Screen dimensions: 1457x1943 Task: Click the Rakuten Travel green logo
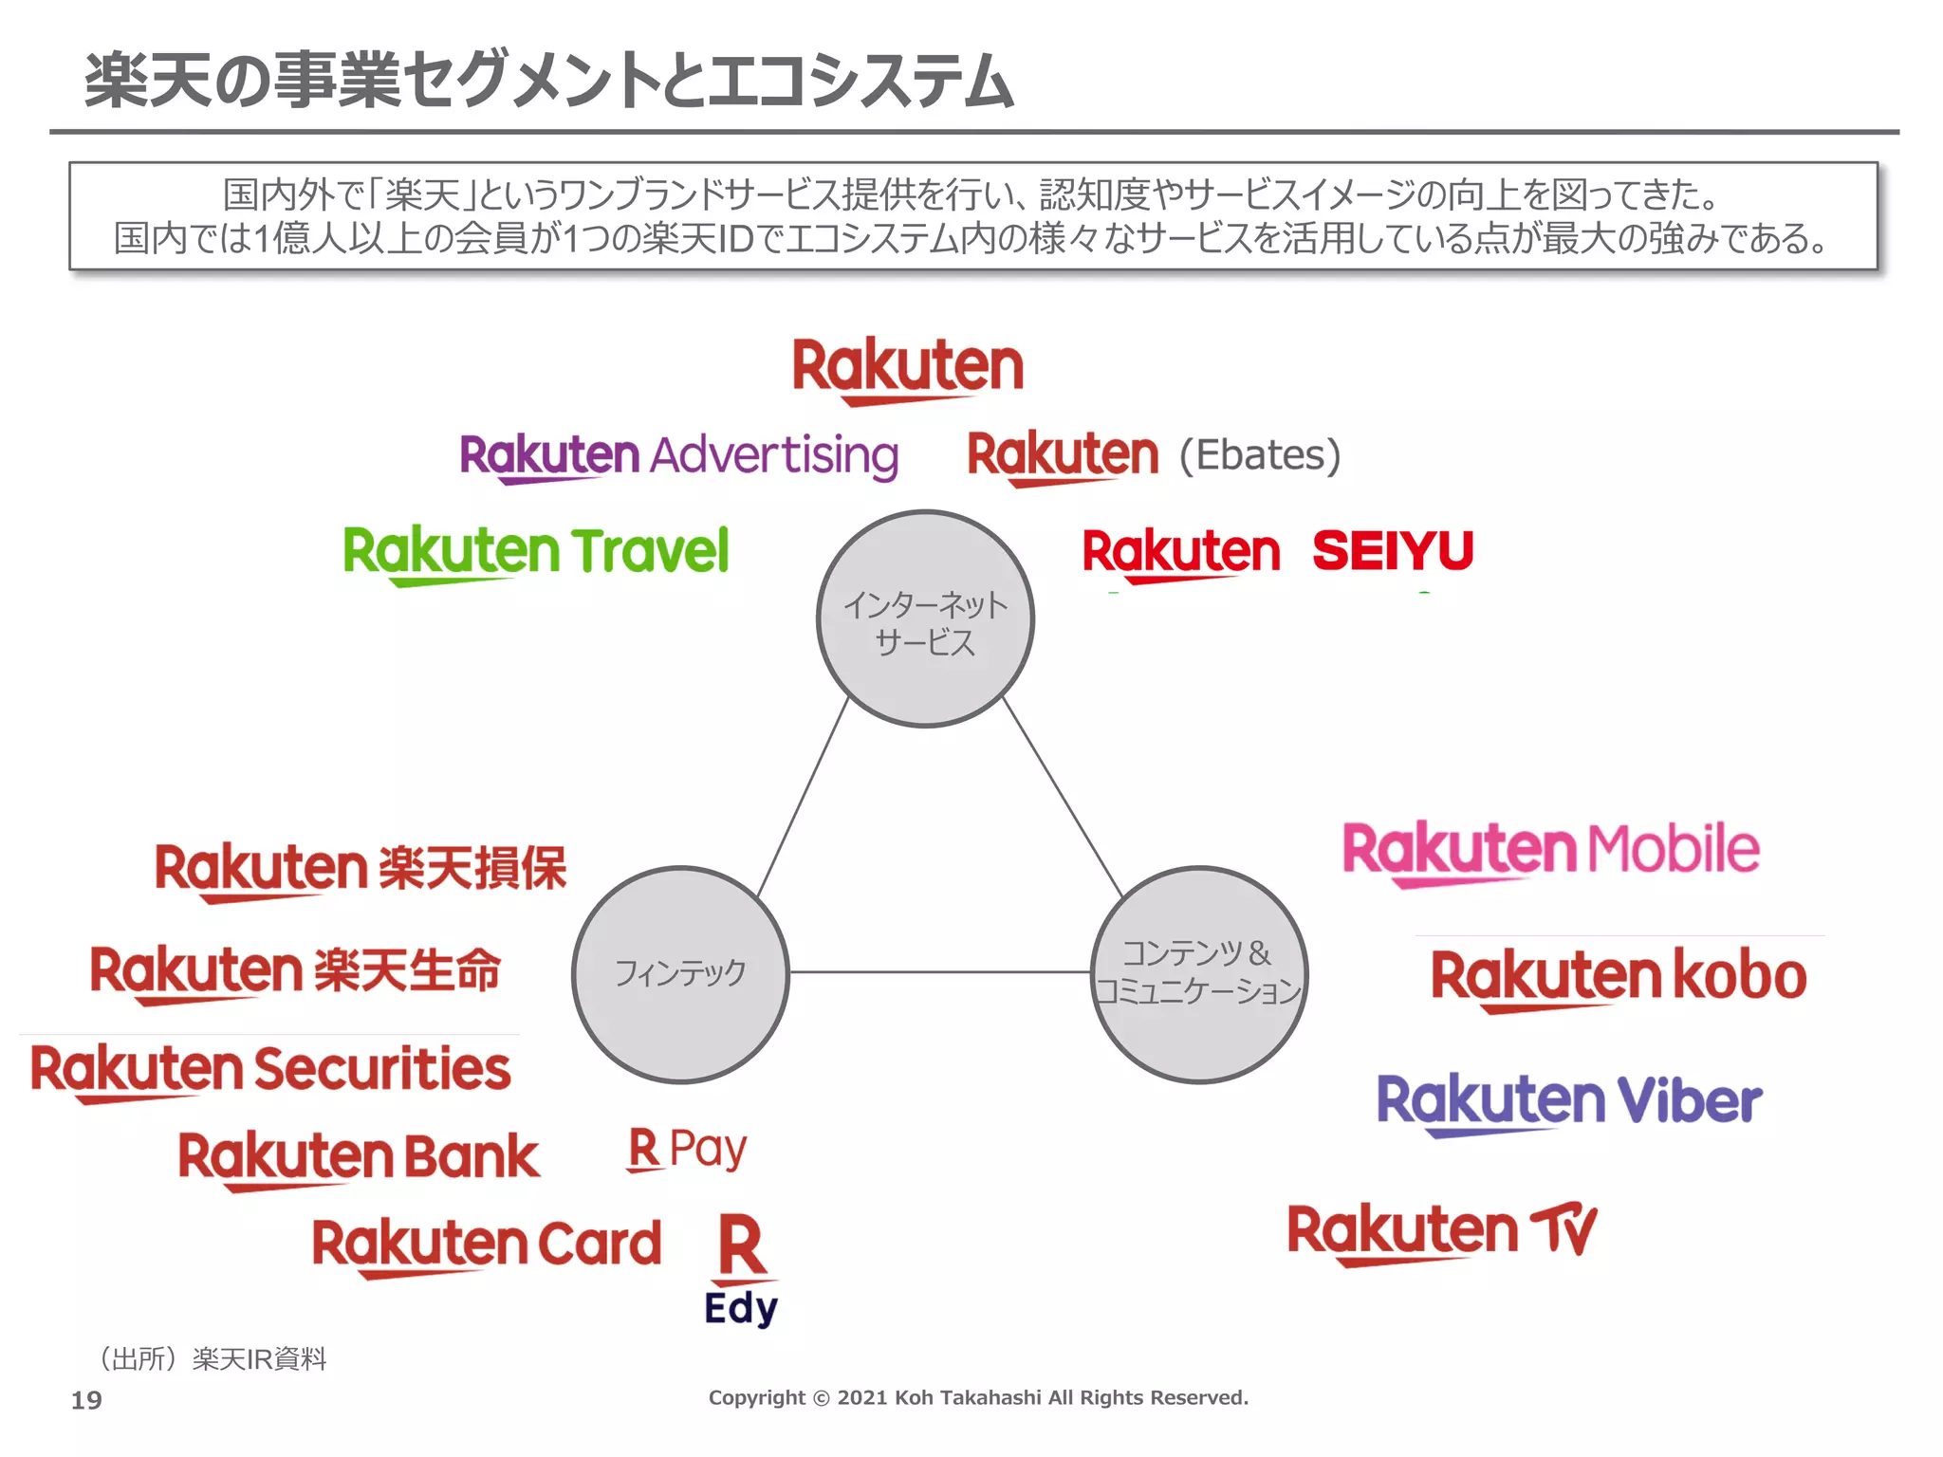[536, 553]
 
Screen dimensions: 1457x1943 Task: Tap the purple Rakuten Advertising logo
[679, 456]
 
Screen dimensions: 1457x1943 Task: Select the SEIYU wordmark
[1392, 551]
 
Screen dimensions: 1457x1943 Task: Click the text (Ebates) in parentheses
[1259, 455]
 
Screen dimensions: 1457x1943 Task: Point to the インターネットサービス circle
[925, 619]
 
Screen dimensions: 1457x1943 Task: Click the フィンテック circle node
[680, 974]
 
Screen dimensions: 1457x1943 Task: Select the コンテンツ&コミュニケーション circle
[1199, 974]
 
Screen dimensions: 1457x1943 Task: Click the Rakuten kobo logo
[1618, 977]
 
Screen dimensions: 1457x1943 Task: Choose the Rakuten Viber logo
[1569, 1102]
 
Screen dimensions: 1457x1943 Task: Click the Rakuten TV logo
[1441, 1231]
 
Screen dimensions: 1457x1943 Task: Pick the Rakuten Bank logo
[359, 1157]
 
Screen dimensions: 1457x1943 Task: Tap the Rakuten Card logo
[487, 1245]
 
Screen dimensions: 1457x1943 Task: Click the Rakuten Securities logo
[270, 1070]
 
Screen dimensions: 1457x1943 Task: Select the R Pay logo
[687, 1149]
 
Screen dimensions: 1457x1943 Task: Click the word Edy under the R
[741, 1308]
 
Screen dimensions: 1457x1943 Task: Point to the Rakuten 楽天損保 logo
[361, 869]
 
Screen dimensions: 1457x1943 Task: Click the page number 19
[86, 1400]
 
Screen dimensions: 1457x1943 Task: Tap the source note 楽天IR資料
[258, 1359]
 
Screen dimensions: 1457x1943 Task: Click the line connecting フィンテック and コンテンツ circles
[939, 972]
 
